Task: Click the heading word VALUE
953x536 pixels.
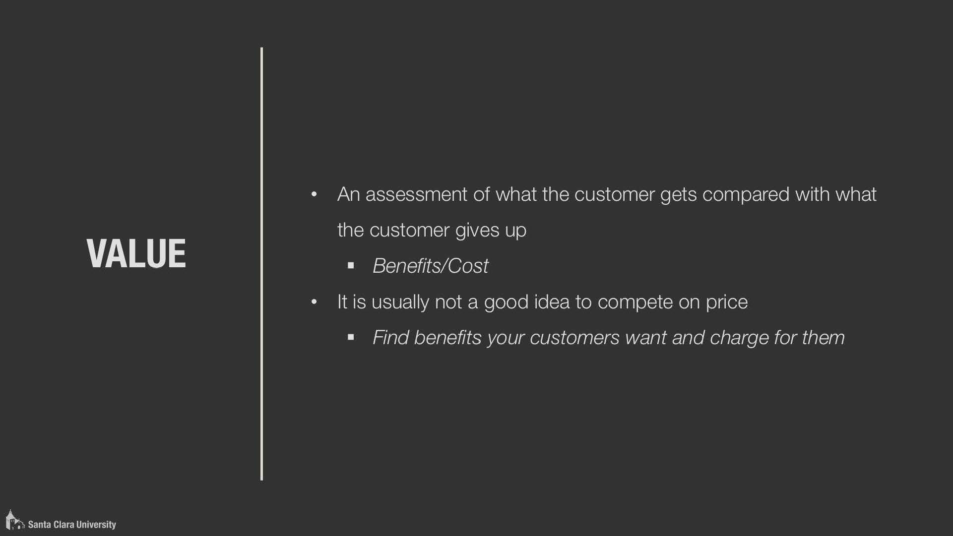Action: coord(136,253)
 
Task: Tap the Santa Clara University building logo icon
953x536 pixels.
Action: coord(14,520)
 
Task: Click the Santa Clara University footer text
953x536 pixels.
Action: coord(72,525)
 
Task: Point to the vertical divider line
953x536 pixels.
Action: coord(261,264)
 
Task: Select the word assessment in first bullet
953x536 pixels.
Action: coord(416,194)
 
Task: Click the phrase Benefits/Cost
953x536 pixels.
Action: coord(431,266)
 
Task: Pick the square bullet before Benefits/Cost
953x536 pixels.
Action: coord(351,266)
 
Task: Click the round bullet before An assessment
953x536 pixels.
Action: coord(314,194)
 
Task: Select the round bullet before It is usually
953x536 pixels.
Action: coord(314,301)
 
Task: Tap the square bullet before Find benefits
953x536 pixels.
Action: coord(351,337)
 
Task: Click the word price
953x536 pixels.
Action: coord(727,302)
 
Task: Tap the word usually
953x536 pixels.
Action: coord(400,302)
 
